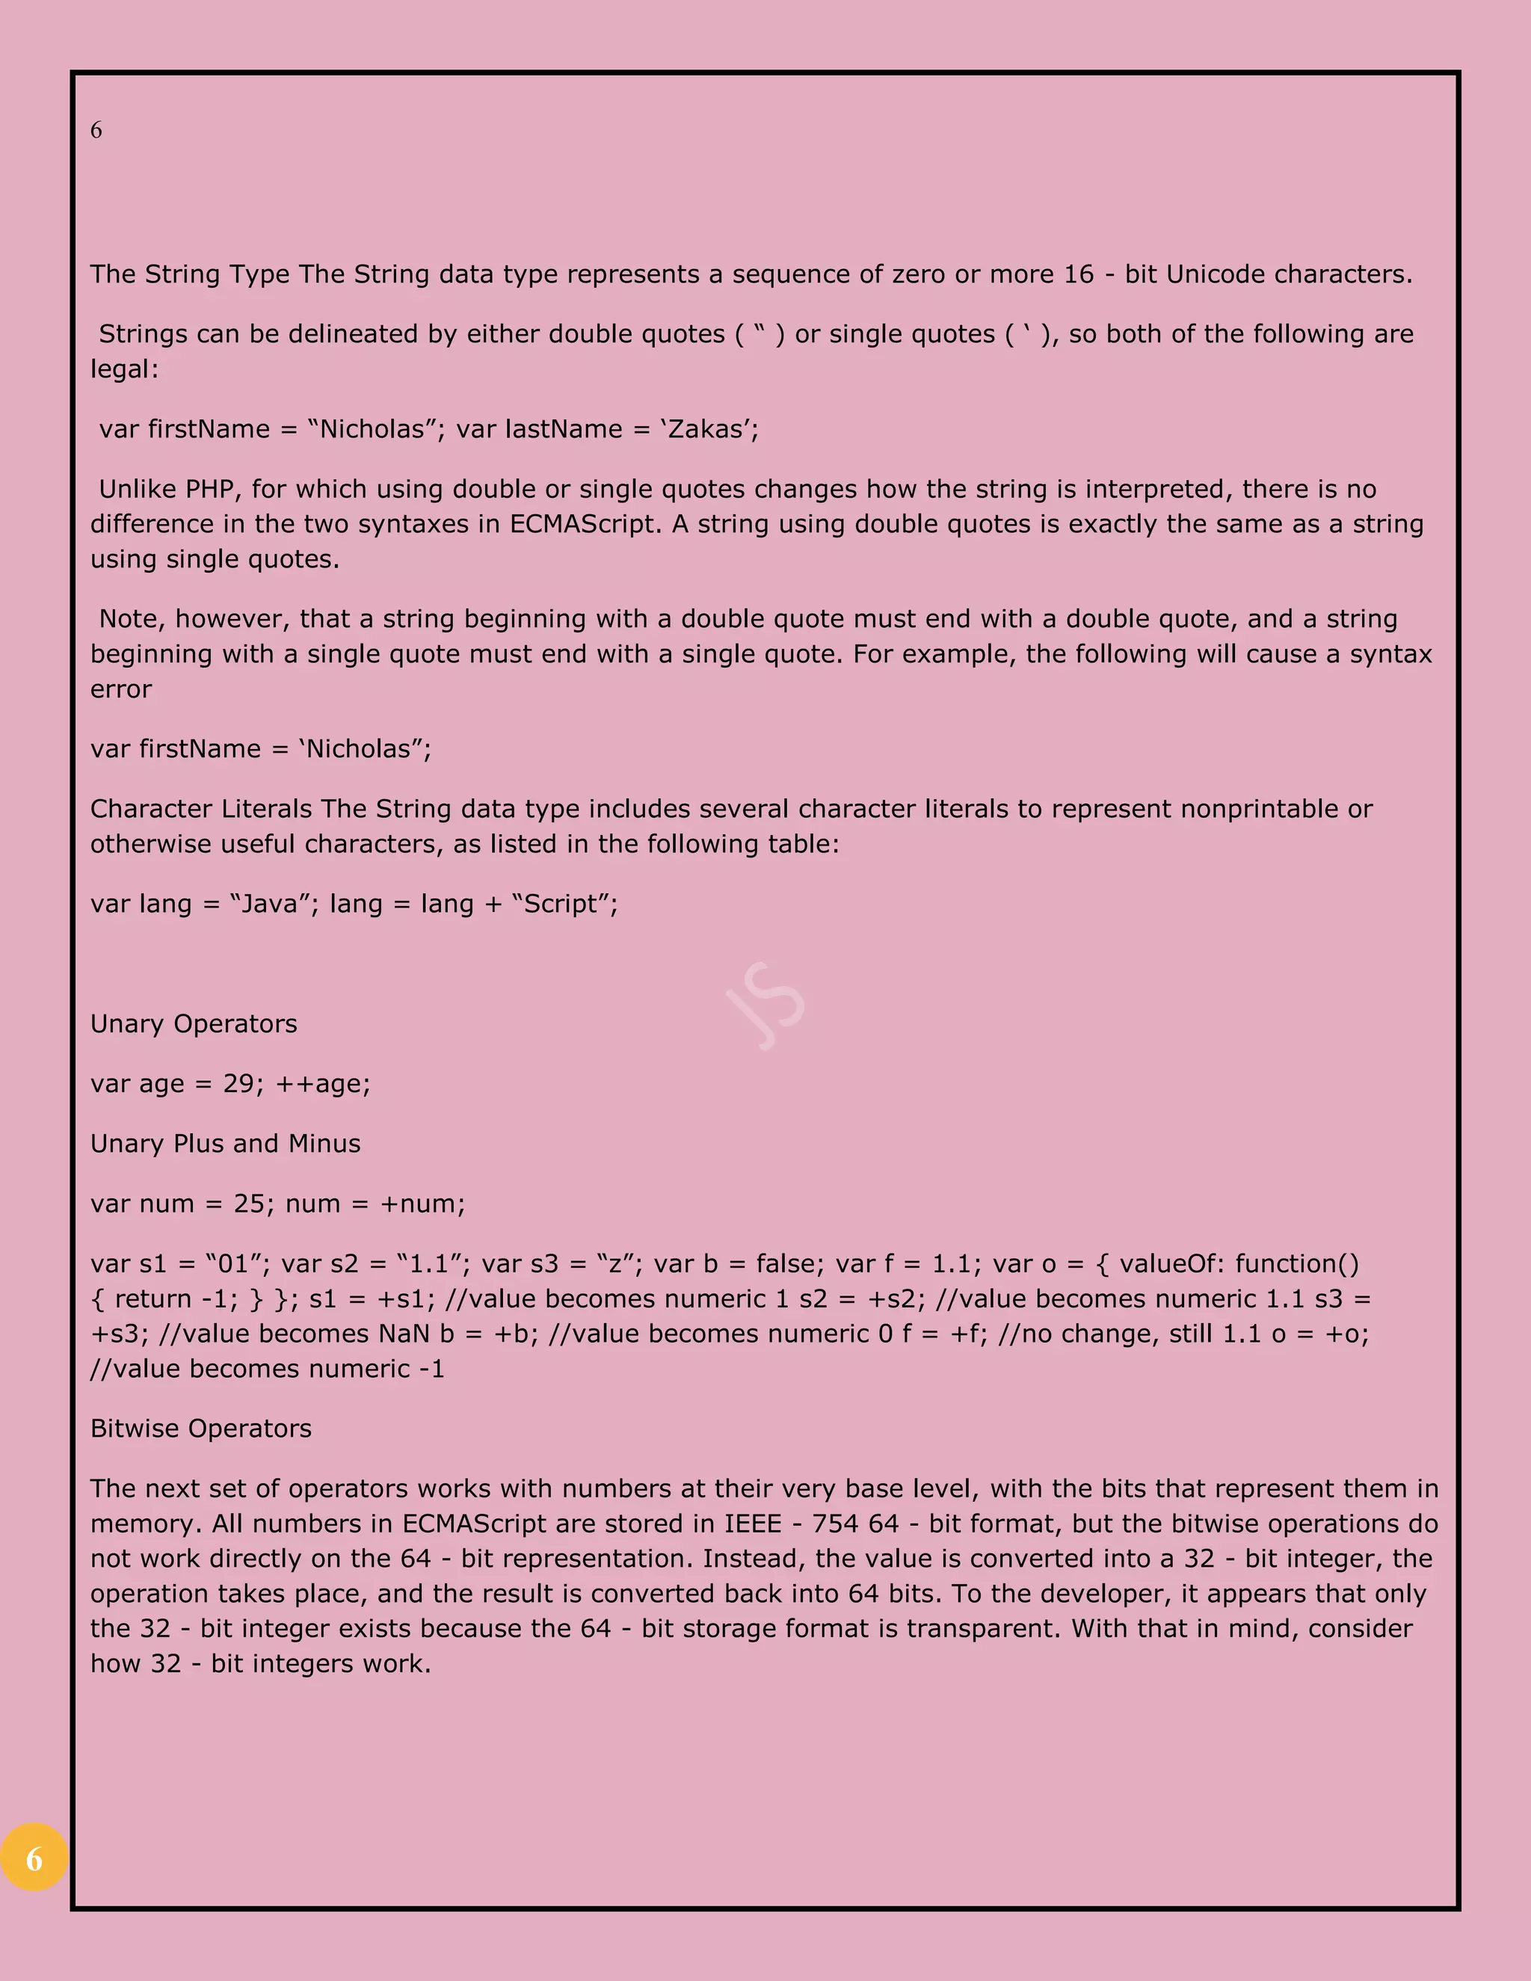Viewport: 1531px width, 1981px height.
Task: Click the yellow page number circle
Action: pyautogui.click(x=34, y=1858)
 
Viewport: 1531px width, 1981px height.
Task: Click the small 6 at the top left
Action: pyautogui.click(x=96, y=131)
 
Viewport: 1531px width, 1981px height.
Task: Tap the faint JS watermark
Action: pyautogui.click(x=765, y=1005)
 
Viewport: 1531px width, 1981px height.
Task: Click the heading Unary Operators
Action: pyautogui.click(x=193, y=1023)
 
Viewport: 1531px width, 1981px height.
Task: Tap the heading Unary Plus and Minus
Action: pyautogui.click(x=225, y=1143)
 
